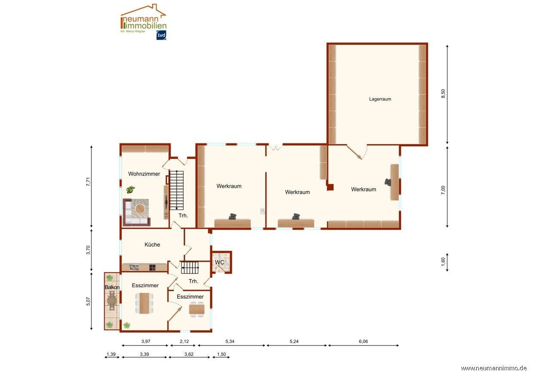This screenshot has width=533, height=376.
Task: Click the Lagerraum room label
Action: [380, 99]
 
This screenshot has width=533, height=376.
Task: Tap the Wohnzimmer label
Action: [144, 174]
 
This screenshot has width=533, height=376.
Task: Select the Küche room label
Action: [152, 244]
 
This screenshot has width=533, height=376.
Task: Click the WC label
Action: [219, 262]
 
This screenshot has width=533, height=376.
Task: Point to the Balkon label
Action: [112, 287]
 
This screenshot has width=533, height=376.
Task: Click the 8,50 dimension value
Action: [443, 94]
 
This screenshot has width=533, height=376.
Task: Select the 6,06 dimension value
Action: [363, 341]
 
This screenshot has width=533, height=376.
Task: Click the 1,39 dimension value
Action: [111, 354]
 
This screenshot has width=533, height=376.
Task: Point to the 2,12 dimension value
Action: [184, 341]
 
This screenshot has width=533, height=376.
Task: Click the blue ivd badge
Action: [161, 35]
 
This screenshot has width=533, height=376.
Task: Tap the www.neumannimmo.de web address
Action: [494, 368]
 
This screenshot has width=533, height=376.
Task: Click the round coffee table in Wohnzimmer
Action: [140, 209]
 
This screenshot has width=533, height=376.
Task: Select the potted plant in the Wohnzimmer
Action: [130, 189]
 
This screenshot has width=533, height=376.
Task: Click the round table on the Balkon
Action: [112, 301]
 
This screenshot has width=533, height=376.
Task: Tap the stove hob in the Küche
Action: [152, 267]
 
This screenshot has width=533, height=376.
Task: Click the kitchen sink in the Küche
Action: [134, 267]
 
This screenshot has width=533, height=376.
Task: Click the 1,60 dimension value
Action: [443, 262]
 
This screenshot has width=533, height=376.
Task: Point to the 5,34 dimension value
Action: [230, 341]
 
